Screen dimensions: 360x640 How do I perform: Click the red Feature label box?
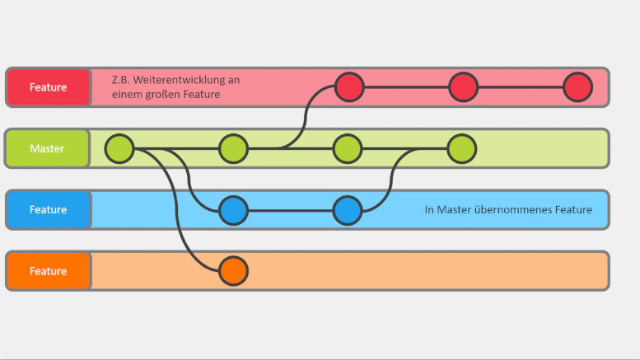pyautogui.click(x=48, y=87)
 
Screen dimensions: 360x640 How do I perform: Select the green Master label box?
pyautogui.click(x=47, y=149)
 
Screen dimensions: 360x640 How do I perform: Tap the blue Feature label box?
pyautogui.click(x=48, y=210)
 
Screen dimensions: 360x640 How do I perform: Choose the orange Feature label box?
pyautogui.click(x=48, y=271)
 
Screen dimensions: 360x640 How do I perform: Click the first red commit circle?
pyautogui.click(x=349, y=86)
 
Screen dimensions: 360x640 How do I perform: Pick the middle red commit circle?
pyautogui.click(x=463, y=86)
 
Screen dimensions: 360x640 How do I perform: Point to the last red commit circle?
pyautogui.click(x=577, y=86)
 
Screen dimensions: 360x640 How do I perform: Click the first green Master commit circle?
pyautogui.click(x=119, y=149)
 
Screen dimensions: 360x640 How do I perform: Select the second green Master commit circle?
pyautogui.click(x=233, y=149)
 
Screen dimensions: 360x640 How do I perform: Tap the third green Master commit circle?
pyautogui.click(x=347, y=149)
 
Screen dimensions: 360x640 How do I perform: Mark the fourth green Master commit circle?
pyautogui.click(x=461, y=149)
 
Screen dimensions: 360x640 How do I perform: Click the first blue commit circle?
pyautogui.click(x=233, y=210)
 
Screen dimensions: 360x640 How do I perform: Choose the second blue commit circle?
pyautogui.click(x=347, y=210)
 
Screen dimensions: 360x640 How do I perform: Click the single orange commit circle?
pyautogui.click(x=233, y=270)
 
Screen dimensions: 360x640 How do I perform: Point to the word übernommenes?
pyautogui.click(x=507, y=210)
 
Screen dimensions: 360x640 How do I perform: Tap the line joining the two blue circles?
pyautogui.click(x=290, y=210)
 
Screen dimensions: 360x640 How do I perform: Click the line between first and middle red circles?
pyautogui.click(x=406, y=86)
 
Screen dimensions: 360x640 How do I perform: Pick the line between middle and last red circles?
pyautogui.click(x=521, y=86)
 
